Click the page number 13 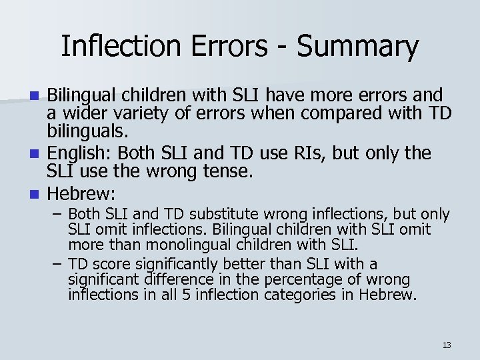447,345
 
